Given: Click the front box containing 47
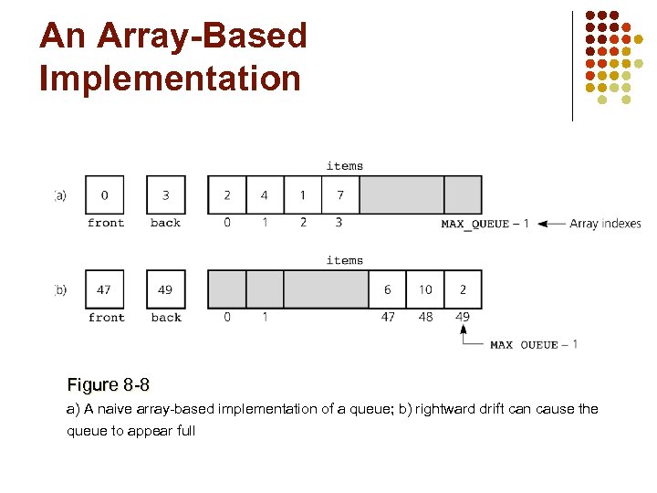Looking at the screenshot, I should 105,289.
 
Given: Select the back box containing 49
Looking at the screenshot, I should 165,289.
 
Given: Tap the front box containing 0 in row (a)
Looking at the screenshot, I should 105,194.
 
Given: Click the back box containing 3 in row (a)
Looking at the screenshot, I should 165,194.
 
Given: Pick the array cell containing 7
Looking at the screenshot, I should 340,194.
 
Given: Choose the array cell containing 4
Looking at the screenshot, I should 265,194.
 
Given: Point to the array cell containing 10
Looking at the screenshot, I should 425,289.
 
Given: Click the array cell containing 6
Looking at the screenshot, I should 388,289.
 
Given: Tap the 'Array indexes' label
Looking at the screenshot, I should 605,224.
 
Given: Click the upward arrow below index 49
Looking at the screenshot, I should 464,333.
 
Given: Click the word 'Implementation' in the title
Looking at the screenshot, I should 170,78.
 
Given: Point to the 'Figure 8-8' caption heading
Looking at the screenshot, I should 109,384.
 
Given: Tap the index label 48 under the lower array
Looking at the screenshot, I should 425,317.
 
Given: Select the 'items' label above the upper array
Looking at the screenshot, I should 344,166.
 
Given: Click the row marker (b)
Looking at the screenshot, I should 60,290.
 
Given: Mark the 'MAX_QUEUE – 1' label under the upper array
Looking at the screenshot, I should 485,224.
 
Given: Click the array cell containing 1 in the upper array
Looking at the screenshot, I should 302,194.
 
